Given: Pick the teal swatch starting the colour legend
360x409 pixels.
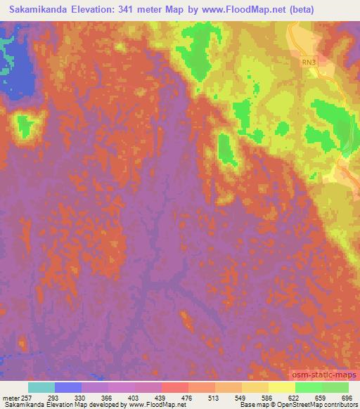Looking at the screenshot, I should point(41,387).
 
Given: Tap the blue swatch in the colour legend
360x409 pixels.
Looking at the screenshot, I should point(68,387).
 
